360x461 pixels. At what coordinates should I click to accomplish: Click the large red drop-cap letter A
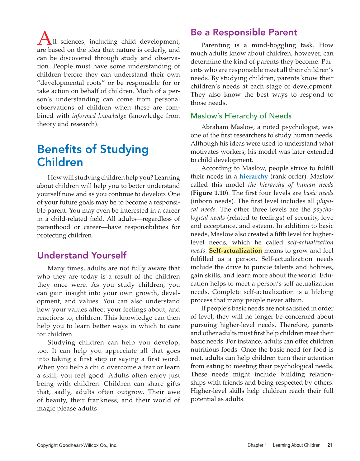pyautogui.click(x=44, y=38)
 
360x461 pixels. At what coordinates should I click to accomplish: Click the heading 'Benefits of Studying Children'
pyautogui.click(x=93, y=156)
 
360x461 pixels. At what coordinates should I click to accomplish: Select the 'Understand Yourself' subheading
pyautogui.click(x=82, y=255)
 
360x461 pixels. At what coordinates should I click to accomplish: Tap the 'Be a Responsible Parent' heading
pyautogui.click(x=244, y=32)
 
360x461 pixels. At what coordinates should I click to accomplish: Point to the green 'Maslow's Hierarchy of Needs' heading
pyautogui.click(x=241, y=116)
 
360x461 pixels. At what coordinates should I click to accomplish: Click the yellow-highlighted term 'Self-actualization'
pyautogui.click(x=235, y=251)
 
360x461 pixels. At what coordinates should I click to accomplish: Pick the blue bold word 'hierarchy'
pyautogui.click(x=253, y=176)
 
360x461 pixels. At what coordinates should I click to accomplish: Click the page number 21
pyautogui.click(x=330, y=445)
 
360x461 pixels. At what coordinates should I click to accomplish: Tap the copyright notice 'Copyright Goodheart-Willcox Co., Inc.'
pyautogui.click(x=77, y=445)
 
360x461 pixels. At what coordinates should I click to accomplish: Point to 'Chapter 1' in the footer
pyautogui.click(x=257, y=445)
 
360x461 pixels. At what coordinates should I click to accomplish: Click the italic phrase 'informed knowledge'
pyautogui.click(x=99, y=116)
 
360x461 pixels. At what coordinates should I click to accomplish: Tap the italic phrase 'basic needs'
pyautogui.click(x=318, y=193)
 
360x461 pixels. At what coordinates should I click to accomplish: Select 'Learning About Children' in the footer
pyautogui.click(x=296, y=445)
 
